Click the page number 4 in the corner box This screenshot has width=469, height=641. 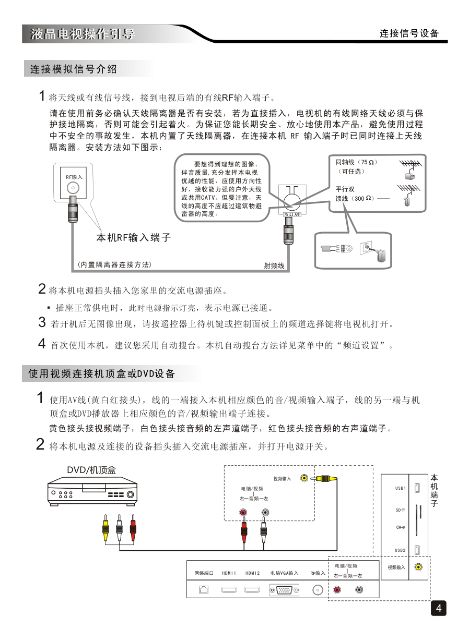pos(439,608)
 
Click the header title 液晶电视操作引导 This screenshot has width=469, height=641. pos(83,34)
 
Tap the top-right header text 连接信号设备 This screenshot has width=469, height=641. pos(409,34)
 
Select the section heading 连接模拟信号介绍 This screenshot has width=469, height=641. pos(74,69)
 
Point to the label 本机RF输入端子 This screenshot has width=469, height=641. pos(134,238)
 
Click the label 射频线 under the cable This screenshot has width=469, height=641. pos(274,265)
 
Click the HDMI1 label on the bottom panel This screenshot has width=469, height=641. pos(229,573)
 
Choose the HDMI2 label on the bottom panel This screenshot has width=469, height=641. pos(253,573)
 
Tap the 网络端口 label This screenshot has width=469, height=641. pos(204,573)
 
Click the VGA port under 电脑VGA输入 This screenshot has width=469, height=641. pos(284,590)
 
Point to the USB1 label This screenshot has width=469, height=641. pos(401,488)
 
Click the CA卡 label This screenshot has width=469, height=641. pos(401,527)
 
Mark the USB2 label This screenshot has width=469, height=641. pos(401,550)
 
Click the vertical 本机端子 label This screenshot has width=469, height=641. pos(435,490)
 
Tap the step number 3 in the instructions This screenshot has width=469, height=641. pos(42,322)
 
